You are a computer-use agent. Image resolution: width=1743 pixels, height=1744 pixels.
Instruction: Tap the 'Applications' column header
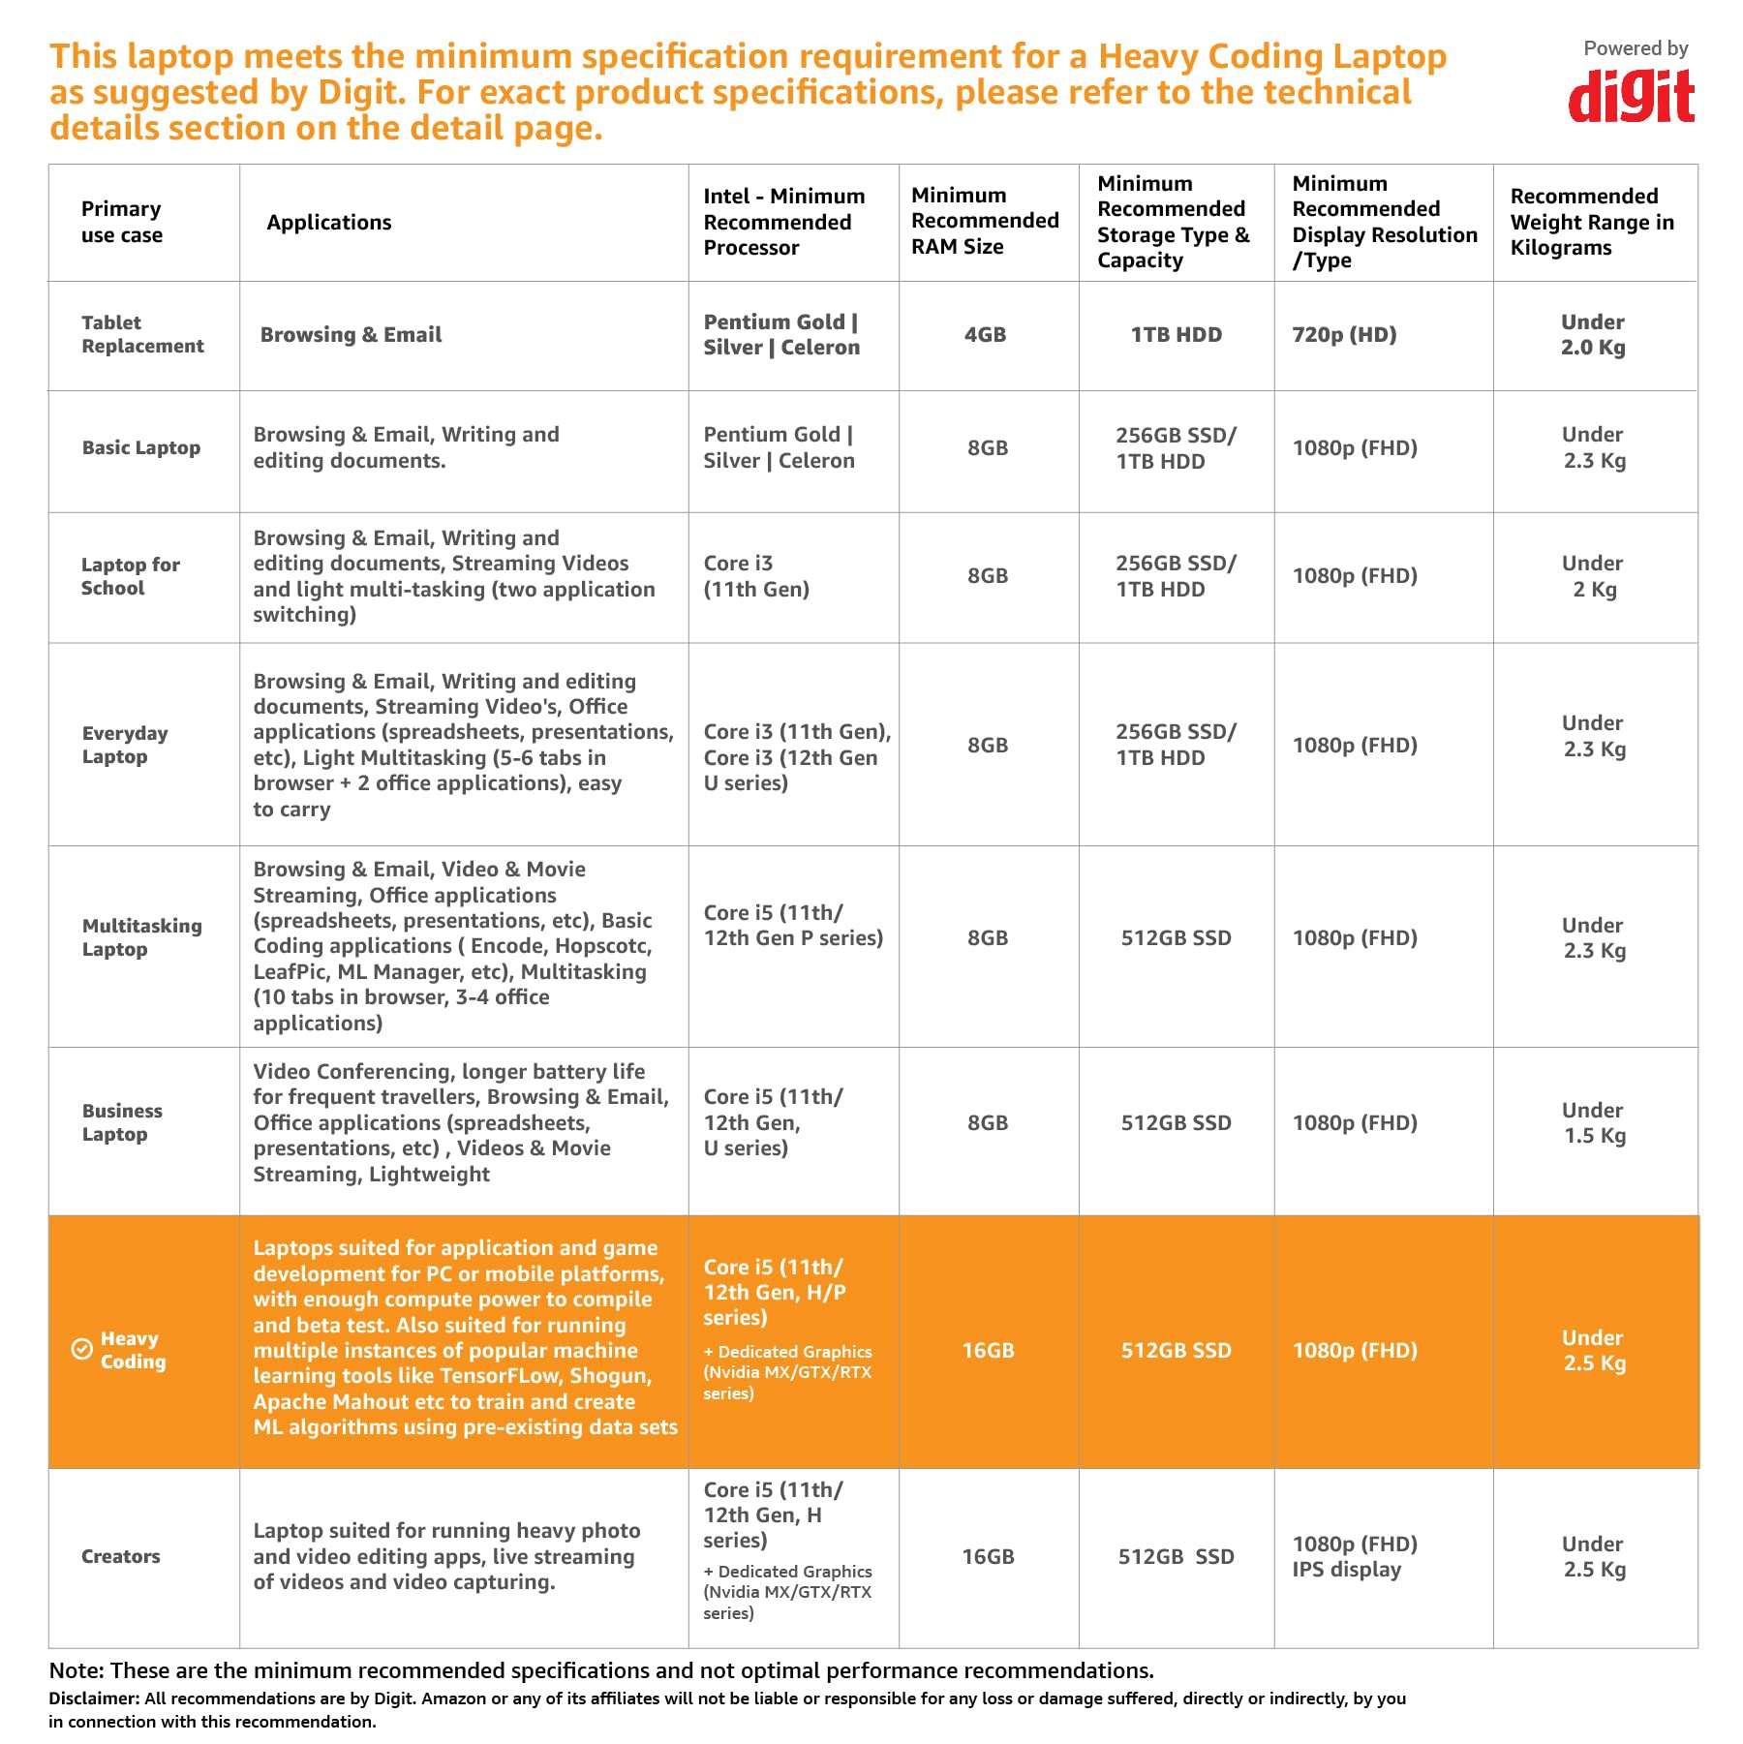pyautogui.click(x=329, y=223)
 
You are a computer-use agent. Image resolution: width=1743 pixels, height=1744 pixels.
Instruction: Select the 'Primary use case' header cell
pyautogui.click(x=122, y=223)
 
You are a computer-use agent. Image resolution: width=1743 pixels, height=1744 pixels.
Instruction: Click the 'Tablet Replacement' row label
pyautogui.click(x=142, y=334)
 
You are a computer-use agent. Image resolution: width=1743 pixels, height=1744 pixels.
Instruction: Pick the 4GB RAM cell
pyautogui.click(x=985, y=335)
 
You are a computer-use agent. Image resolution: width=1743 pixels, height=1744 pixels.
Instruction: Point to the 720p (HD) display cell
pyautogui.click(x=1344, y=335)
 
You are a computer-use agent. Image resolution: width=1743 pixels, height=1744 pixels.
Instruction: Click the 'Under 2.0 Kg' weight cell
pyautogui.click(x=1592, y=335)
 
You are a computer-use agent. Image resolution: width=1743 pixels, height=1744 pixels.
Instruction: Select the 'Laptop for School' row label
pyautogui.click(x=131, y=576)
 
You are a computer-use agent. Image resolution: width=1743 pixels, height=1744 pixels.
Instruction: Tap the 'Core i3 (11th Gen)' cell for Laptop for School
pyautogui.click(x=756, y=576)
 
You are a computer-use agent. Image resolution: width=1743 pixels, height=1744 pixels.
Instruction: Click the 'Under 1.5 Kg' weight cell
pyautogui.click(x=1593, y=1123)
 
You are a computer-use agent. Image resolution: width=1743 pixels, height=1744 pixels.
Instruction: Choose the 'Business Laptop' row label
pyautogui.click(x=122, y=1122)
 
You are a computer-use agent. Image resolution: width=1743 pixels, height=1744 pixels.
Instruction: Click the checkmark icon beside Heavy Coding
pyautogui.click(x=82, y=1350)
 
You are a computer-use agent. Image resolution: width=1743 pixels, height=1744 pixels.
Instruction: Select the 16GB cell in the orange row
pyautogui.click(x=988, y=1351)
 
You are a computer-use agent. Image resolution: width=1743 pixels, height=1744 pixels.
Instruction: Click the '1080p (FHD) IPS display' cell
pyautogui.click(x=1355, y=1557)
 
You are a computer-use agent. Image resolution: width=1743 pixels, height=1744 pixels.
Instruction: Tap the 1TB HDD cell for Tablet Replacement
pyautogui.click(x=1177, y=335)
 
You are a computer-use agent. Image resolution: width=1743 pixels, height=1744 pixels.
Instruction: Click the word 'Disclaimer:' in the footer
pyautogui.click(x=94, y=1698)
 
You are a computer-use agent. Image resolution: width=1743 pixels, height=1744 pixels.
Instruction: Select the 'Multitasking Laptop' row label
pyautogui.click(x=142, y=937)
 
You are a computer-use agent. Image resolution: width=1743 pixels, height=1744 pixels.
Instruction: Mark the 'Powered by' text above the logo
pyautogui.click(x=1636, y=48)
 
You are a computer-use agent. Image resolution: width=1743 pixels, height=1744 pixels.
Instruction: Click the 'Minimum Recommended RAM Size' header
pyautogui.click(x=985, y=222)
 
